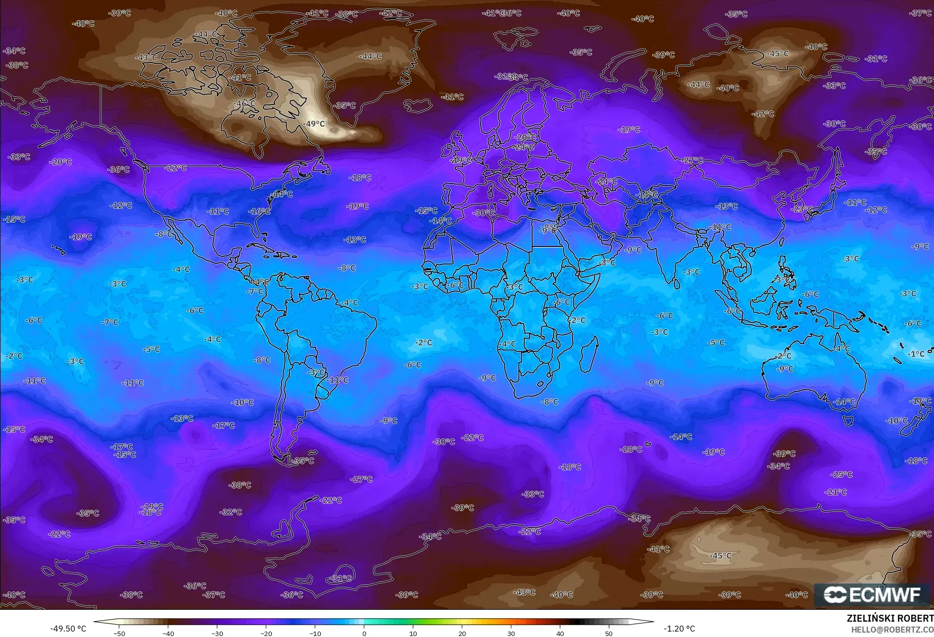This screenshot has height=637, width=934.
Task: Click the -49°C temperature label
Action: [315, 124]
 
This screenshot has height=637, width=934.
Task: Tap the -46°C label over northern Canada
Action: [245, 103]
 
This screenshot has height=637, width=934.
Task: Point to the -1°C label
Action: [916, 354]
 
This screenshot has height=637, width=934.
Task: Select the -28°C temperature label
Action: [631, 449]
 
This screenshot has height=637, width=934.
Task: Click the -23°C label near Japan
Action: [801, 209]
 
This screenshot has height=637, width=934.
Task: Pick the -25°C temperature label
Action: [842, 474]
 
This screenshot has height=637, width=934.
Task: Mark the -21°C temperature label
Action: [836, 492]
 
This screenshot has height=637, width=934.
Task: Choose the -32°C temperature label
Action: [231, 512]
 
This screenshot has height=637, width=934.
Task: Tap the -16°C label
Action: [259, 211]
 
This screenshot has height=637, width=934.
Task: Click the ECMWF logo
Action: [872, 594]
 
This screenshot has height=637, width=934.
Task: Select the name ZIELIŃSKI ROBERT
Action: [890, 618]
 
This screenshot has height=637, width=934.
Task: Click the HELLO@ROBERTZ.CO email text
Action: [892, 630]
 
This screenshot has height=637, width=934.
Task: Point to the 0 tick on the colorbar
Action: [364, 633]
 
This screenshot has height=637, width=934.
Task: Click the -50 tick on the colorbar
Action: [119, 633]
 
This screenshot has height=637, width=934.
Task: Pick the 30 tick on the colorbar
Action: [511, 633]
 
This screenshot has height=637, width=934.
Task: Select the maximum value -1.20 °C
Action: [679, 629]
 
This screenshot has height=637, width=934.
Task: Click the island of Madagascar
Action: [589, 353]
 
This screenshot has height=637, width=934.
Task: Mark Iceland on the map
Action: [417, 105]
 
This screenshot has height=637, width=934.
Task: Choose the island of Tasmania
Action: [848, 421]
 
